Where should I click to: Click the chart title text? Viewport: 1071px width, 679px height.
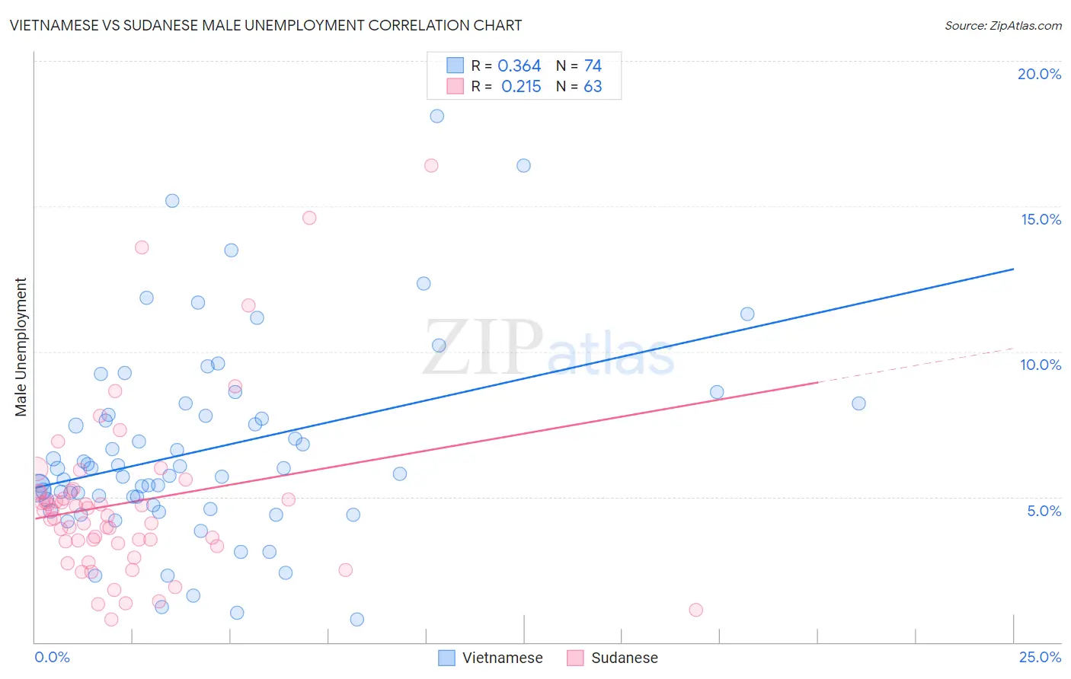[x=266, y=25]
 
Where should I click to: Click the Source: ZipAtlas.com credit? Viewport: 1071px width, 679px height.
[x=1002, y=26]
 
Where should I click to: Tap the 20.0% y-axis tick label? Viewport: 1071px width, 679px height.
[x=1039, y=74]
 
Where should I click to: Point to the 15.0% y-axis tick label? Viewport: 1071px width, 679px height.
[x=1041, y=219]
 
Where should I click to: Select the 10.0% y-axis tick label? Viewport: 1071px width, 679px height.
[x=1041, y=365]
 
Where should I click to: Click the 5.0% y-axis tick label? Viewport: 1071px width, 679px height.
[x=1044, y=511]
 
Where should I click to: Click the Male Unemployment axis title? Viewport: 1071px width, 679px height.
[x=21, y=347]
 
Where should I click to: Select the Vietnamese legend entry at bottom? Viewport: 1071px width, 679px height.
[x=491, y=658]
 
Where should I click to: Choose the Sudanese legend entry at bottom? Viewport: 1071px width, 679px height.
[x=613, y=658]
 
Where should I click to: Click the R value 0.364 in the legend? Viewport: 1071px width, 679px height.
[x=519, y=66]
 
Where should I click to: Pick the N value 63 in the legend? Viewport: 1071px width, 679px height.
[x=593, y=87]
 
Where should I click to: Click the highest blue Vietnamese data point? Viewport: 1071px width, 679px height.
[x=436, y=116]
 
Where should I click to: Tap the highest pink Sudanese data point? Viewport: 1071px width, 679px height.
[x=431, y=165]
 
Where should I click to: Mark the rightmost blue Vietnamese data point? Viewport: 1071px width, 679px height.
[x=858, y=403]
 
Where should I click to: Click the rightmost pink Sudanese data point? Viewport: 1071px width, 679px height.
[x=695, y=610]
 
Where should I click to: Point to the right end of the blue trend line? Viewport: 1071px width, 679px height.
[x=1014, y=269]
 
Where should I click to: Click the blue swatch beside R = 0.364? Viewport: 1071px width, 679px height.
[x=455, y=65]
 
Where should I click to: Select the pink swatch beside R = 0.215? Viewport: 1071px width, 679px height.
[x=455, y=86]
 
